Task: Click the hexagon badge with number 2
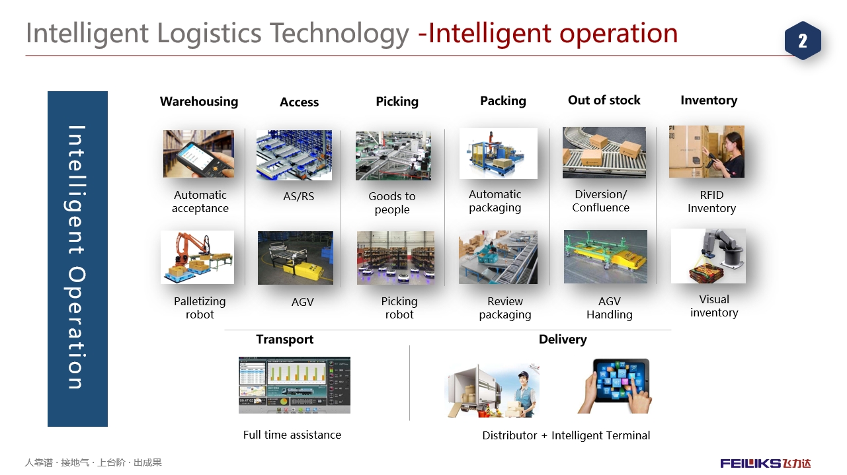tap(803, 40)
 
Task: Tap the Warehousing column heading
tap(199, 101)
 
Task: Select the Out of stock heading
tap(604, 100)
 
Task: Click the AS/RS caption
tap(298, 196)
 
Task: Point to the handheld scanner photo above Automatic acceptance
tap(198, 154)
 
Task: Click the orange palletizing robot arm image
tap(198, 258)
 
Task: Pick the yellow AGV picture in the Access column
tap(296, 258)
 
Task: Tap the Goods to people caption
tap(391, 203)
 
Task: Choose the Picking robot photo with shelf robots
tap(395, 258)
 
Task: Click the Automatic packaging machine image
tap(499, 153)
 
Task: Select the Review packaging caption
tap(505, 308)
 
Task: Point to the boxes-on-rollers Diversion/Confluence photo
tap(604, 153)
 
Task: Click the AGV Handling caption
tap(609, 308)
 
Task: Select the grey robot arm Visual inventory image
tap(708, 256)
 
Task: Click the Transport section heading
tap(285, 340)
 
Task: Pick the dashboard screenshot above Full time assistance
tap(294, 385)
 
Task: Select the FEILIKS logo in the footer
tap(765, 463)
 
